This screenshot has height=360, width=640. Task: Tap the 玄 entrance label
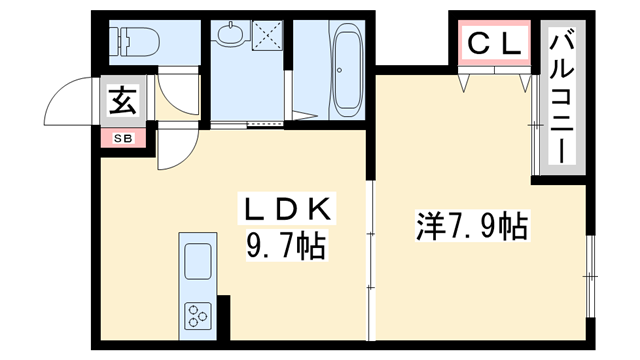[x=121, y=101]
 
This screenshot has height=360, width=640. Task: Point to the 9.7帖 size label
[x=285, y=247]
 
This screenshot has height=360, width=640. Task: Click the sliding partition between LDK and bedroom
[x=371, y=250]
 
